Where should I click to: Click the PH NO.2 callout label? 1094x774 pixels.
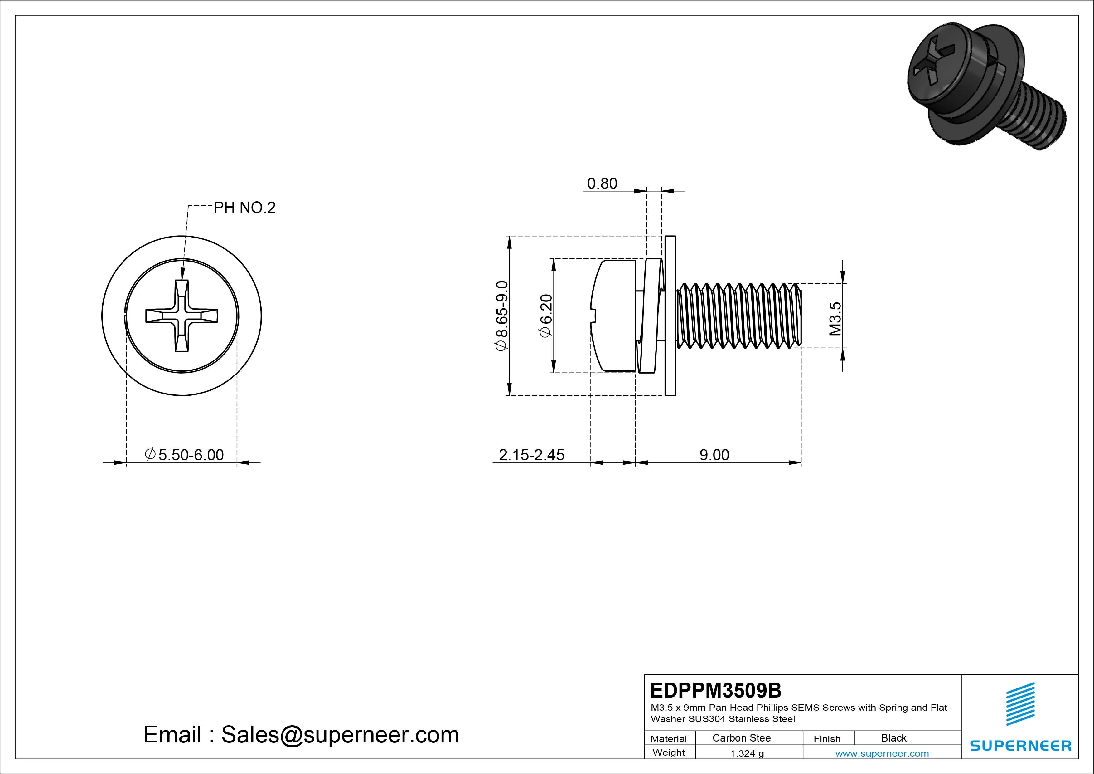point(244,208)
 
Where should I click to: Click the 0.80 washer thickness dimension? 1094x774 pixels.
point(602,184)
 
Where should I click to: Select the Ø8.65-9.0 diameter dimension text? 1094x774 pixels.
point(502,316)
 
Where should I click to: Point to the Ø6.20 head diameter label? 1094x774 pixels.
point(545,316)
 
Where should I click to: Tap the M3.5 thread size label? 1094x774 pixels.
point(835,319)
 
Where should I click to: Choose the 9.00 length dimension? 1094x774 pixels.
point(714,455)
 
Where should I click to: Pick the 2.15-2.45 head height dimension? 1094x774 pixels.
point(531,455)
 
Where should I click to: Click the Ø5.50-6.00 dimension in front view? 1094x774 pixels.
point(184,455)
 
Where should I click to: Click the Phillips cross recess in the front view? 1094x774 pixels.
point(182,316)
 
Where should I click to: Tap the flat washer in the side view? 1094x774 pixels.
point(670,316)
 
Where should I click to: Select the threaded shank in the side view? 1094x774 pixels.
point(738,316)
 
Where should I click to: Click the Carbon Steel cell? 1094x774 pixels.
point(742,738)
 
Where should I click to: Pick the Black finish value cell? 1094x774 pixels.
point(893,738)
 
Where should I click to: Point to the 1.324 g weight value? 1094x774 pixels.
point(747,753)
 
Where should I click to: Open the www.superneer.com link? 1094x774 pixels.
point(882,753)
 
